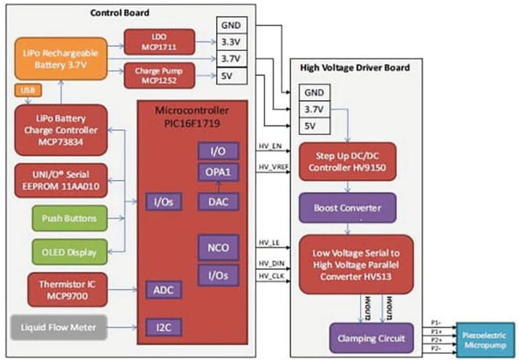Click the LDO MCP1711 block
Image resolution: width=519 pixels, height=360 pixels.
coord(159,41)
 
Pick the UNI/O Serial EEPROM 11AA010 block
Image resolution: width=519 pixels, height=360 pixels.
coord(60,179)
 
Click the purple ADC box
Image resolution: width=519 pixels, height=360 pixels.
coord(163,290)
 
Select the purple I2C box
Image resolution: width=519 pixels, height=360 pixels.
coord(163,328)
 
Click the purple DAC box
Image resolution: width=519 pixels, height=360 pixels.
coord(217,201)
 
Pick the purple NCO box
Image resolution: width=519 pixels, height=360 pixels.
coord(217,247)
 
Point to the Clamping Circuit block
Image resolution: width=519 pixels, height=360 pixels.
coord(368,337)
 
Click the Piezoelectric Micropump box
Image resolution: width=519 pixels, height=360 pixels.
coord(486,337)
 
